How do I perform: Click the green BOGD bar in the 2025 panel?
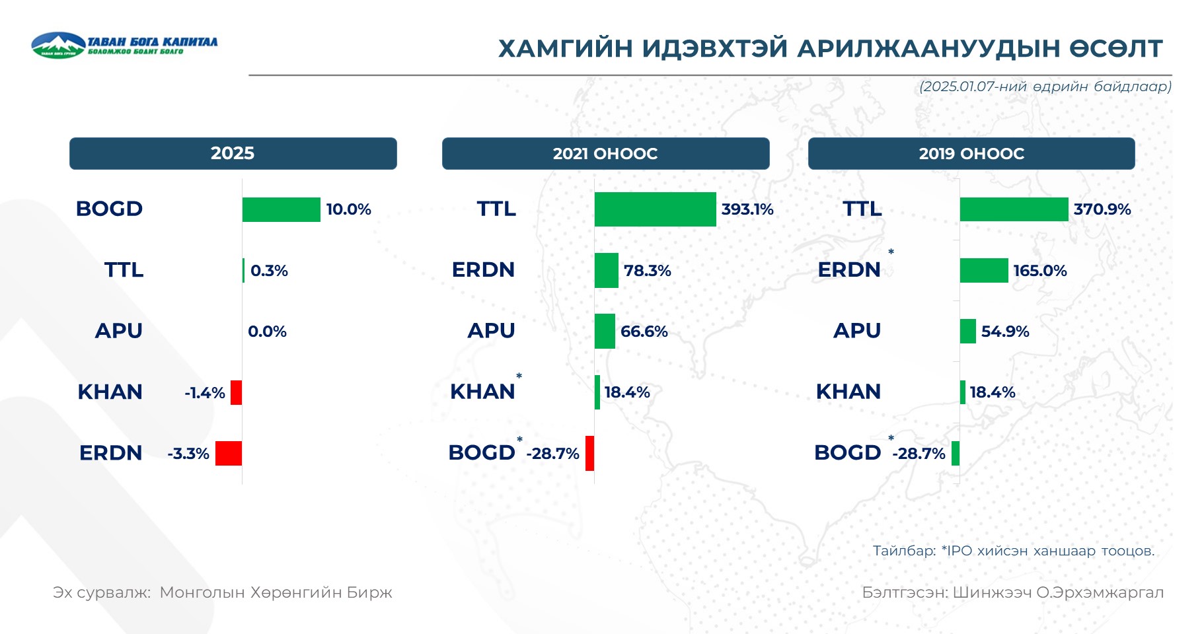tap(281, 209)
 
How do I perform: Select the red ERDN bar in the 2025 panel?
tap(229, 453)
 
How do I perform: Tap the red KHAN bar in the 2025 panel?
tap(236, 392)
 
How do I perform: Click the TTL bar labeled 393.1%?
tap(655, 209)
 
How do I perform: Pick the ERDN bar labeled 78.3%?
tap(606, 270)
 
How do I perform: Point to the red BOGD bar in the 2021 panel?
tap(589, 453)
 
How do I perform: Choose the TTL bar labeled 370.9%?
tap(1014, 209)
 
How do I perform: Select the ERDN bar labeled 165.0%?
tap(984, 270)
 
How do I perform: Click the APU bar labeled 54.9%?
tap(967, 331)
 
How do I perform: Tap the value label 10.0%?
tap(348, 209)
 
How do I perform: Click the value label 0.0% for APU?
tap(267, 332)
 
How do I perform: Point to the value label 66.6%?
tap(644, 332)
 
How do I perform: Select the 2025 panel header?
tap(233, 153)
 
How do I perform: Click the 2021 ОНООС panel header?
tap(605, 153)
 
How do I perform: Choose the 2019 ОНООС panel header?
tap(971, 153)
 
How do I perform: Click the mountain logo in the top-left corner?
tap(58, 45)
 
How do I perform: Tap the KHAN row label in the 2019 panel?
tap(848, 392)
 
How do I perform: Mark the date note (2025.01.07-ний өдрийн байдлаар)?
tap(1045, 87)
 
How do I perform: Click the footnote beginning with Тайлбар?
tap(1014, 551)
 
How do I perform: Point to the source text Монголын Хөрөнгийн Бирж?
tap(276, 592)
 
